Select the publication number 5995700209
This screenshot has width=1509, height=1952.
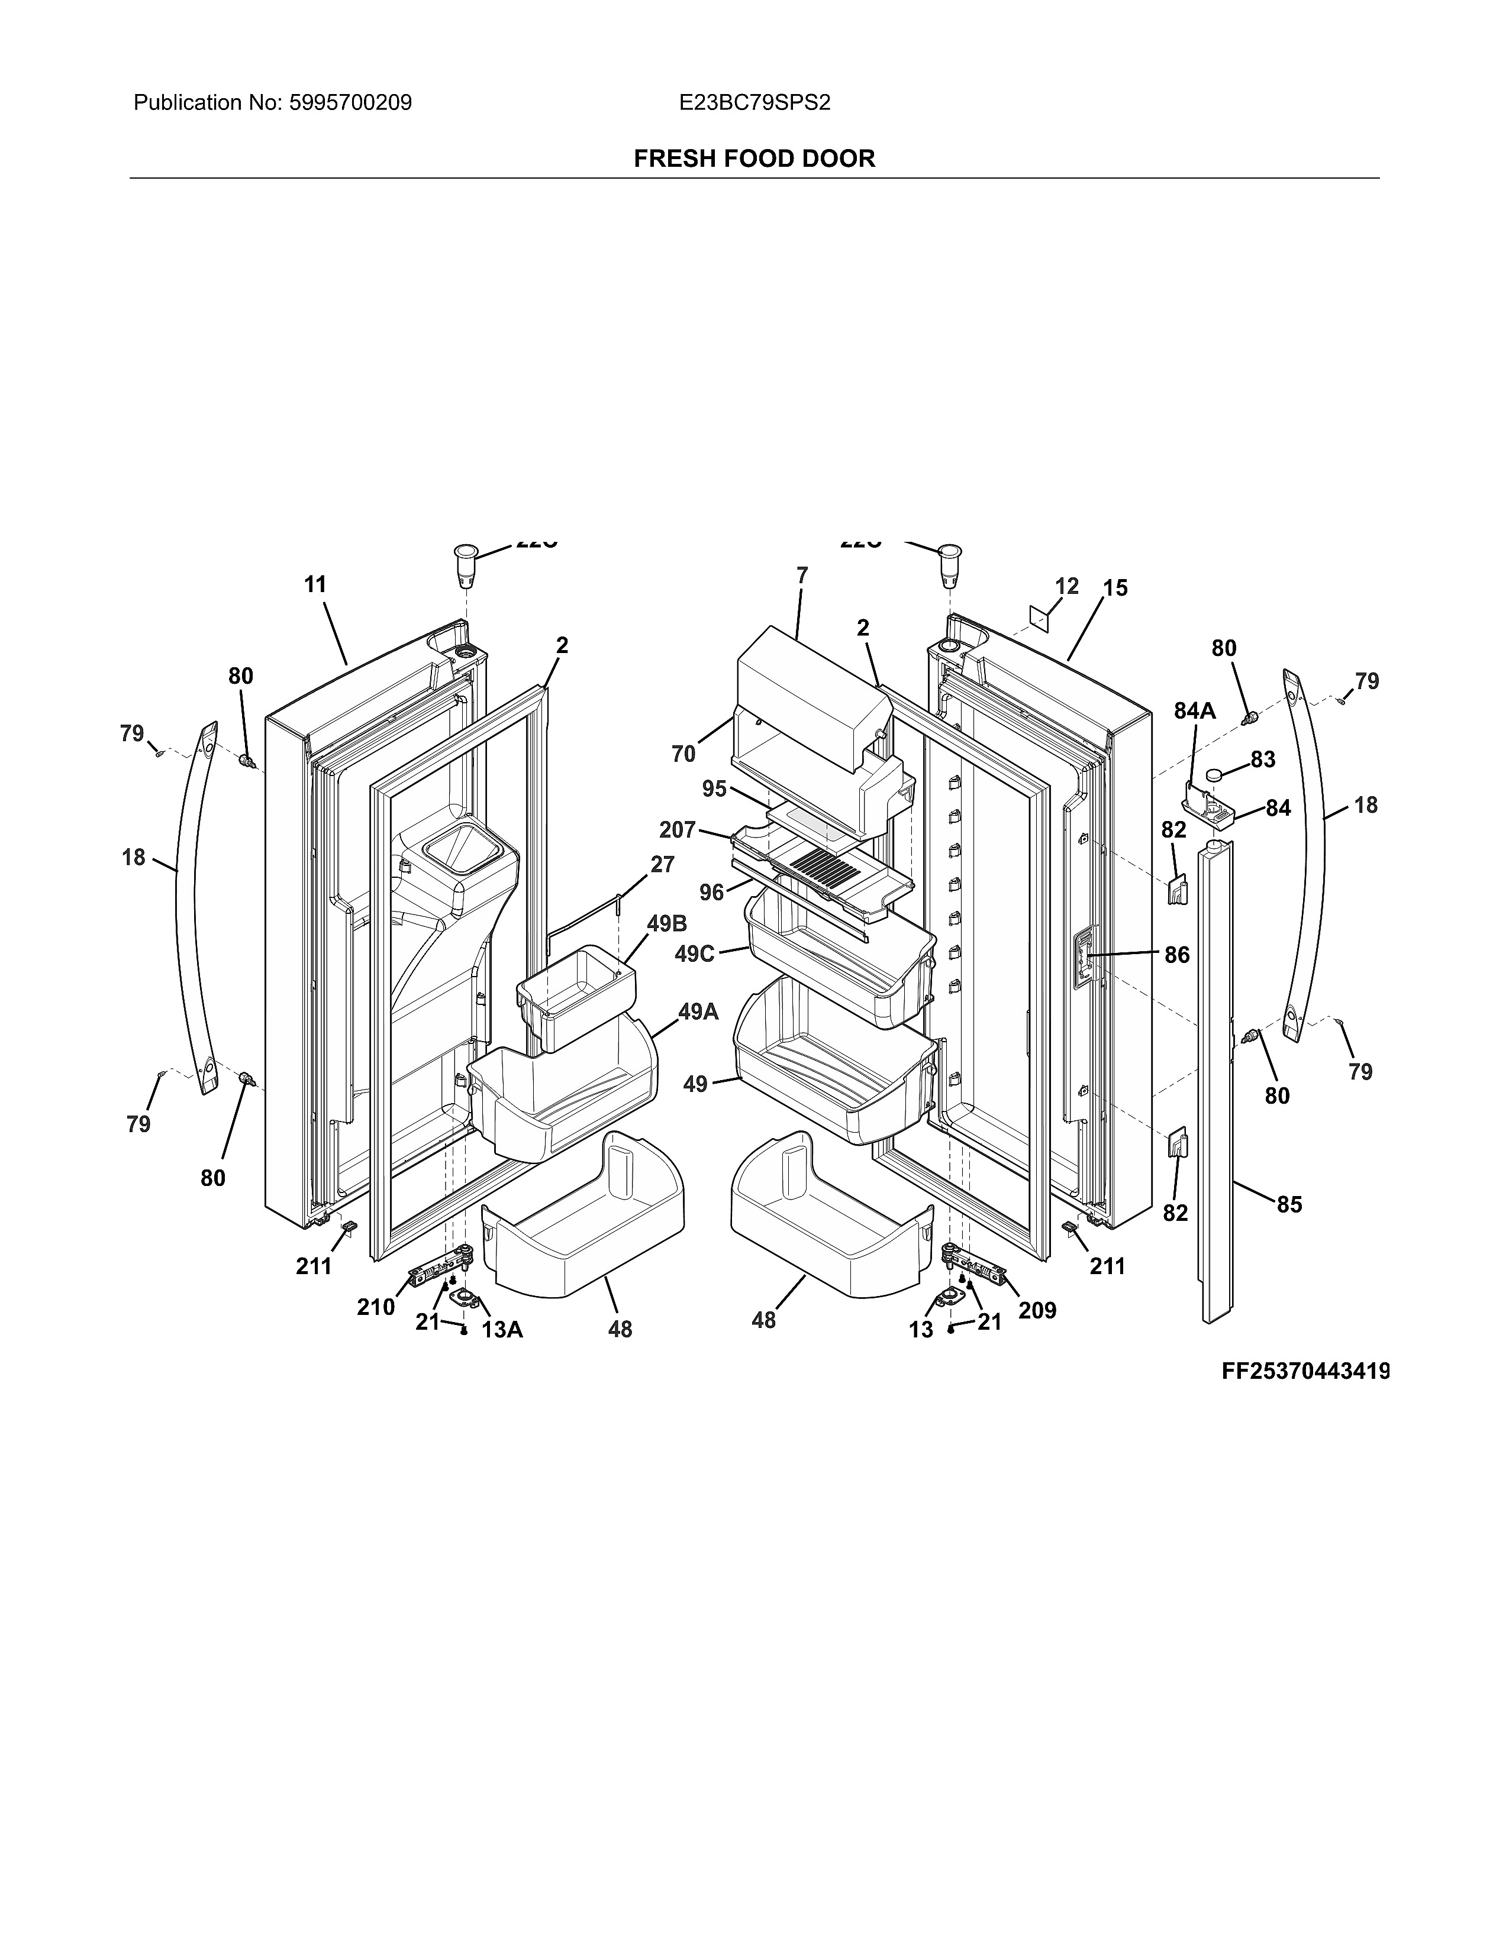(350, 103)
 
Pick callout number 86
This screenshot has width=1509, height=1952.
(1176, 955)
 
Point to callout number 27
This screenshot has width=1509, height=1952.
(662, 864)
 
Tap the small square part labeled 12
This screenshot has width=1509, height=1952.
(1038, 616)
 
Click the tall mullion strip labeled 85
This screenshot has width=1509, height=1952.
(1216, 1072)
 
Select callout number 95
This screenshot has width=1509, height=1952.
(714, 789)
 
